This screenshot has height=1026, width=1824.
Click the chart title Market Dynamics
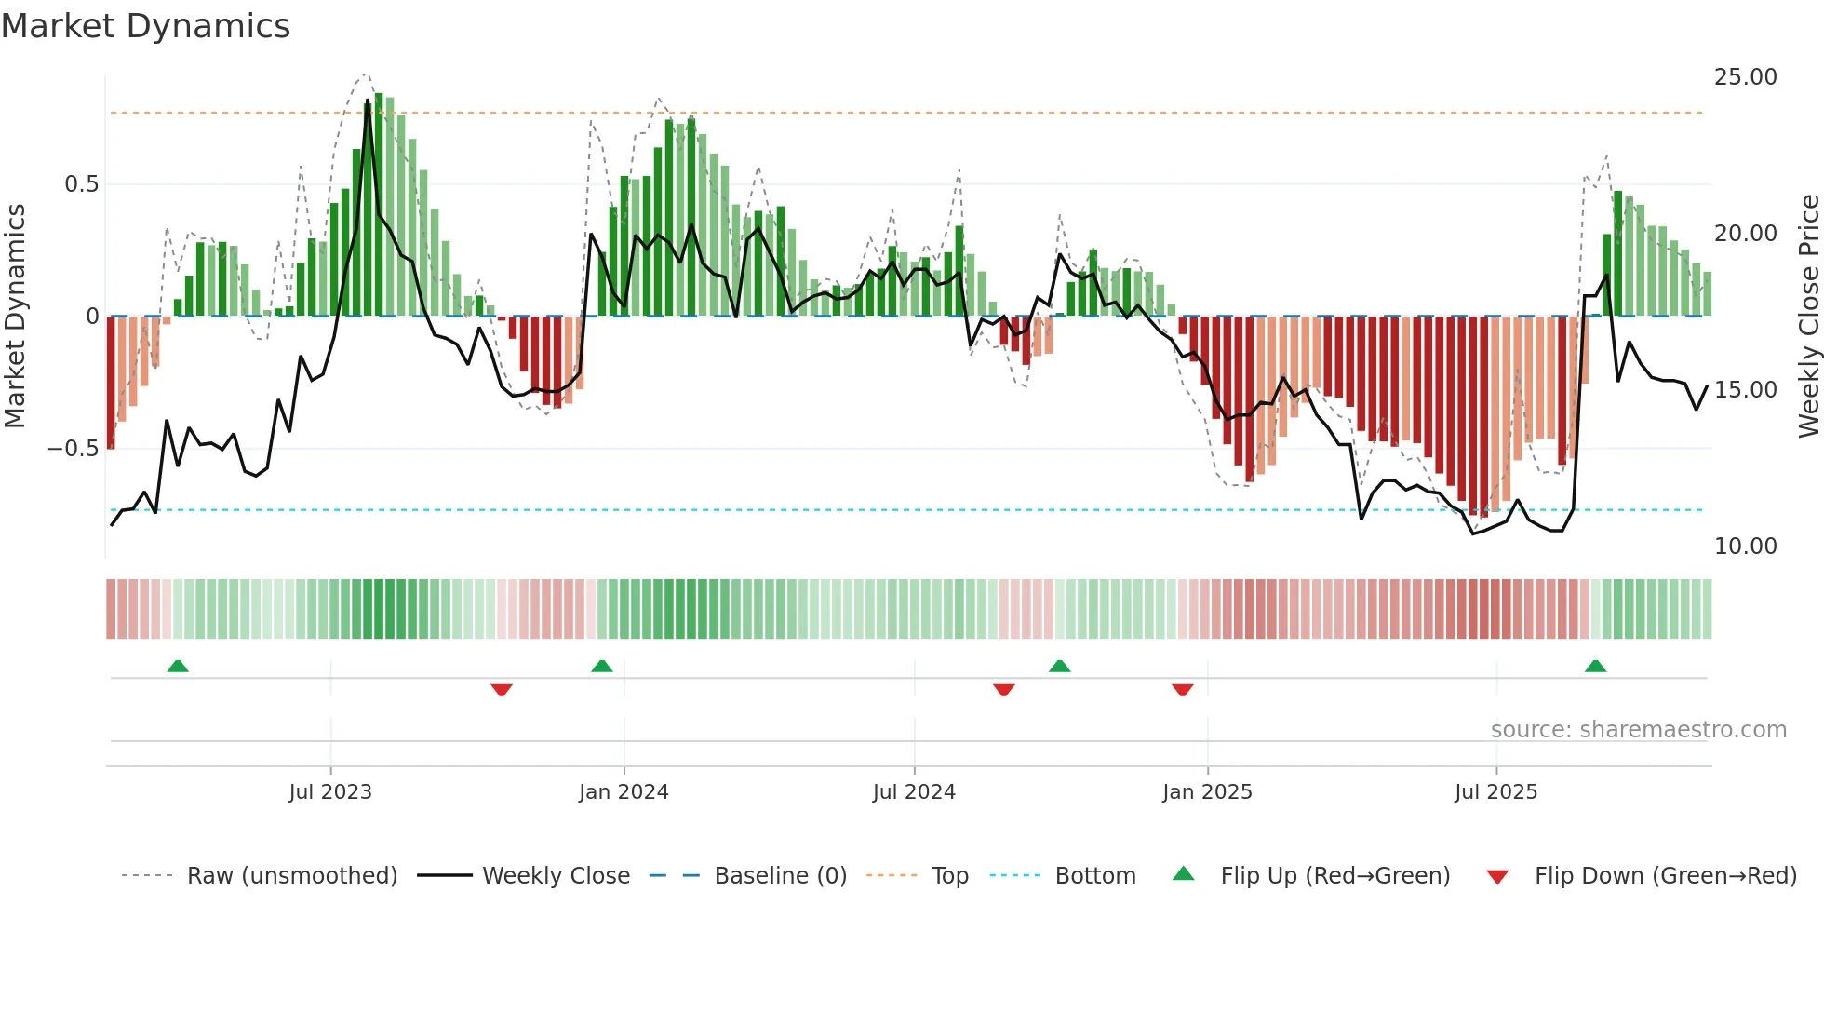click(x=146, y=26)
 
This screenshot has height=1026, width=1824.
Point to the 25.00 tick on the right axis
click(x=1745, y=77)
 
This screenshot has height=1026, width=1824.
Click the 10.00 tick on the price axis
click(x=1745, y=547)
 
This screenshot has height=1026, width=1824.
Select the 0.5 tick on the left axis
click(x=82, y=184)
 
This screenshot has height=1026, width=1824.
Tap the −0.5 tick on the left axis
click(x=74, y=449)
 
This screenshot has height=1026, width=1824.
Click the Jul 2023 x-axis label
click(x=330, y=792)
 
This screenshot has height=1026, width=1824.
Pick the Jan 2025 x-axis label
click(x=1207, y=792)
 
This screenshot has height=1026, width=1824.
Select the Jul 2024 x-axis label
click(x=914, y=792)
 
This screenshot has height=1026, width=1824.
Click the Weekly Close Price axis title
click(x=1808, y=317)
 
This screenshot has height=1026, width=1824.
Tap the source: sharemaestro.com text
click(x=1638, y=730)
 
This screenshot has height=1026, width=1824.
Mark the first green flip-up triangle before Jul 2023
click(x=178, y=666)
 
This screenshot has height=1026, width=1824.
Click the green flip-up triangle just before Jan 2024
click(x=602, y=666)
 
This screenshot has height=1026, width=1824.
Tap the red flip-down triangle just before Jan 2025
click(x=1182, y=690)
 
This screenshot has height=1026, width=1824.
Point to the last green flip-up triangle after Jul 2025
click(x=1595, y=666)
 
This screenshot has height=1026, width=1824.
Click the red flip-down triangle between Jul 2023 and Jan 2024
click(x=502, y=690)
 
